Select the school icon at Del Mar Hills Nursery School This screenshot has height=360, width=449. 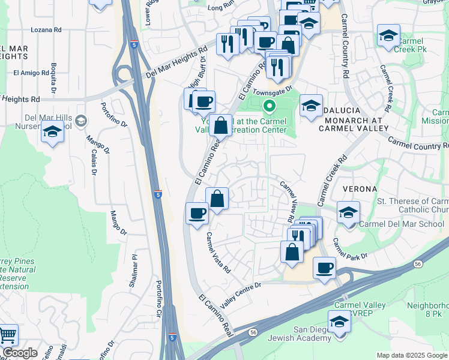pos(53,132)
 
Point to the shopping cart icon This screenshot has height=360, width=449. pos(7,334)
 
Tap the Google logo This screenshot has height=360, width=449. pos(20,353)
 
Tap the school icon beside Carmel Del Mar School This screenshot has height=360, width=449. pos(348,212)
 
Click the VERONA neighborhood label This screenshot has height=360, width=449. pos(359,188)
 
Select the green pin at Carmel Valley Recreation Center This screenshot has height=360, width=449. pos(270,107)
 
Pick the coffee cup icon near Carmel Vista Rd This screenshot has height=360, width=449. pos(197,214)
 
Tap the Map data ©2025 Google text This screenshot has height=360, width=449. pos(411,355)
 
